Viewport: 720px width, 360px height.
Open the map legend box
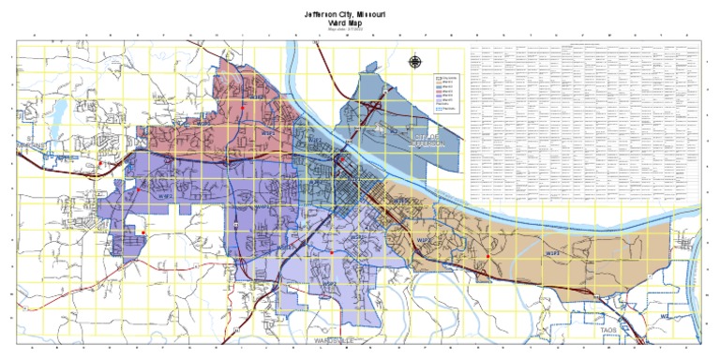tap(447, 90)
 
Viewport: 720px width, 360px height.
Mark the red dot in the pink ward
tap(243, 109)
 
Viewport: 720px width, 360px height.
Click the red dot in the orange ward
tap(487, 256)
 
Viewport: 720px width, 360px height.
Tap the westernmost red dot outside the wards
tap(99, 165)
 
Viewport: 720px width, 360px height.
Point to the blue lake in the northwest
tap(57, 113)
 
